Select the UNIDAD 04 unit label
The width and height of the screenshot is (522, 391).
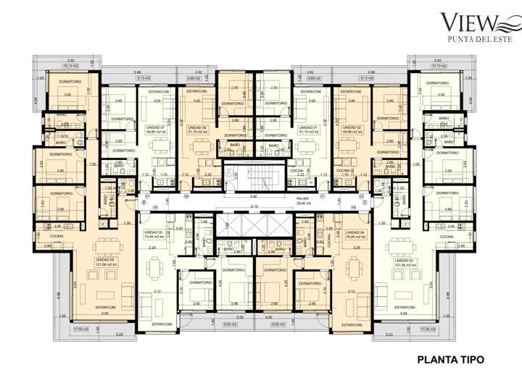tap(354, 234)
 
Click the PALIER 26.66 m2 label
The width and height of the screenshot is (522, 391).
tap(302, 200)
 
